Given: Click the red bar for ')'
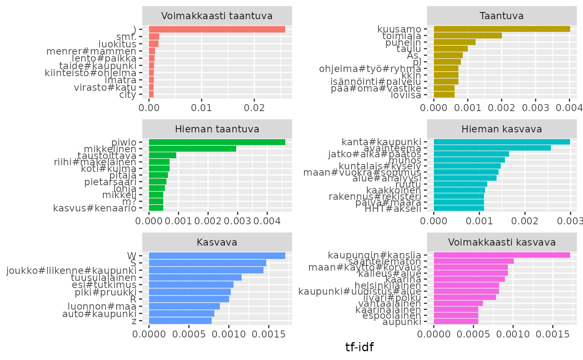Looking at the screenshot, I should click(x=217, y=29).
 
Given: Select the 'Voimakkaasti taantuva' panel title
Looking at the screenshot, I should click(x=217, y=16).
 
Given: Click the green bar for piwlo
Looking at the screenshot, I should click(x=217, y=142).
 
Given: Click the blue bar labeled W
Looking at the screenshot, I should click(x=217, y=256).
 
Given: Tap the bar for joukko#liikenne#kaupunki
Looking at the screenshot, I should click(x=206, y=270).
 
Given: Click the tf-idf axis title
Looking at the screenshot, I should click(x=359, y=347).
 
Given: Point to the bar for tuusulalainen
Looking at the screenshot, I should click(x=195, y=277).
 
